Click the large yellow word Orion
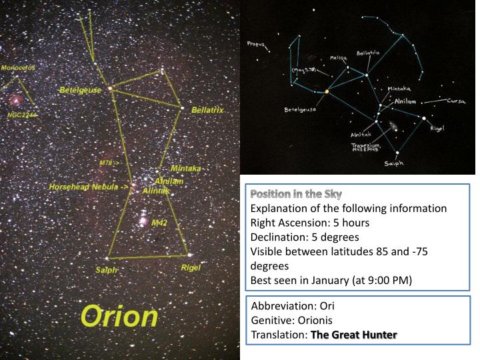pos(120,317)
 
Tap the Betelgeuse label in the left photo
pos(80,90)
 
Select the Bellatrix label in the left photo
pos(207,109)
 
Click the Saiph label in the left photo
pos(107,270)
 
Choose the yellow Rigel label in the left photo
pos(191,267)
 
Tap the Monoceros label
pos(18,68)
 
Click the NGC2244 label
pos(22,115)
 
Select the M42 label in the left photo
pos(159,222)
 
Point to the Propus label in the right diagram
pos(255,45)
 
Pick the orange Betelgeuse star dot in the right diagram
pos(327,91)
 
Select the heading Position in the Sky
pos(295,195)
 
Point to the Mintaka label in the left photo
pos(185,169)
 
